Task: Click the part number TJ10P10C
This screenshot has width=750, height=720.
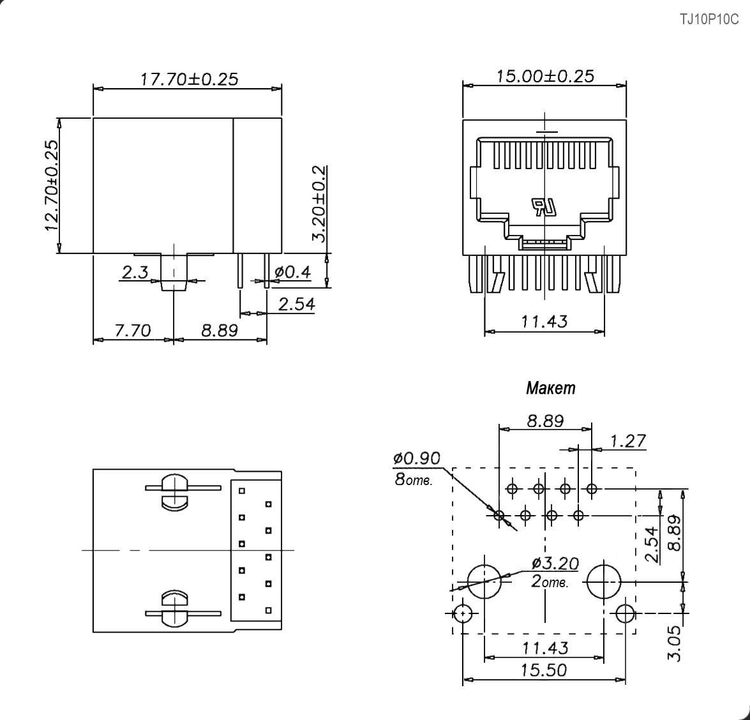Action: pos(709,20)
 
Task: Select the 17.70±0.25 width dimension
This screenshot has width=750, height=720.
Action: pos(189,79)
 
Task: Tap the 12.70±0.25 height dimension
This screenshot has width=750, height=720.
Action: pos(52,186)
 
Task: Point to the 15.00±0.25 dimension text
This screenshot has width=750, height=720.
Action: pos(545,76)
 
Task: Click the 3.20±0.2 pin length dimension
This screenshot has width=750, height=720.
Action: pos(319,204)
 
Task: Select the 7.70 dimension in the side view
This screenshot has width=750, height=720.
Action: pos(133,330)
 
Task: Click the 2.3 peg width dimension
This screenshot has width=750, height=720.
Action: pos(135,272)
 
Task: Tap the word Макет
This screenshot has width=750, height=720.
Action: pos(551,388)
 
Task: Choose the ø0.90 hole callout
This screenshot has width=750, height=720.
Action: pos(417,458)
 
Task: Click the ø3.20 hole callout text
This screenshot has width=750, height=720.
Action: pos(555,563)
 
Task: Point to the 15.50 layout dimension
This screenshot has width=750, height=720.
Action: pos(544,670)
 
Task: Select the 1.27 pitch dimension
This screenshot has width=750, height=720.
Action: pos(628,440)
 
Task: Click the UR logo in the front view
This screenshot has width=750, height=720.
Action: pos(543,207)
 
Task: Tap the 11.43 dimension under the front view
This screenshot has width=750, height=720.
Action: pos(544,321)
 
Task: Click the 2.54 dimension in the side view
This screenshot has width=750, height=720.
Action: pos(297,304)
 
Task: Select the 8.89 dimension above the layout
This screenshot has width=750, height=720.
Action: pos(545,421)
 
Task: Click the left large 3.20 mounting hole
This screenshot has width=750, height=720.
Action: pos(484,581)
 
